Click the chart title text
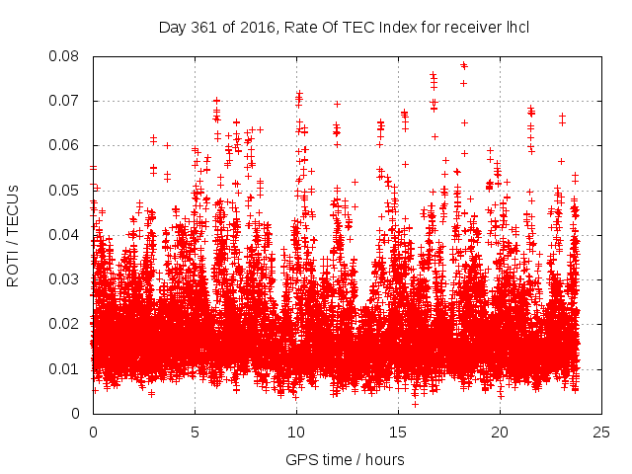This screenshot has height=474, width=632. coord(344,27)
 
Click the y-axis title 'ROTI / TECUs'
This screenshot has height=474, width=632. coord(14,234)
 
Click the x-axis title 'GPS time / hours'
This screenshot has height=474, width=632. coord(344,459)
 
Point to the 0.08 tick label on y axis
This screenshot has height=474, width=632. coord(66,56)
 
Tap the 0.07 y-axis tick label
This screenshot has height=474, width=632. coord(66,101)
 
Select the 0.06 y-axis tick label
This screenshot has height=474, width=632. coord(66,145)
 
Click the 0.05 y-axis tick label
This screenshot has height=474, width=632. coord(66,190)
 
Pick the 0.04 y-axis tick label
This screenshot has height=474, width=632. coord(66,235)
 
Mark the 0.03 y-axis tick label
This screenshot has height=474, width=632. coord(66,279)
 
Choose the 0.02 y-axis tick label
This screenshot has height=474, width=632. coord(66,324)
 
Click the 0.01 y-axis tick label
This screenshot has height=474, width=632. coord(66,368)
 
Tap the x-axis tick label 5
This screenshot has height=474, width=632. coord(195,432)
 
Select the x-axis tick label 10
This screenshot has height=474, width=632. coord(296,432)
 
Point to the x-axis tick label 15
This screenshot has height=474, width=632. coord(398,432)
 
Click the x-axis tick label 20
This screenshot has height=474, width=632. coord(500,432)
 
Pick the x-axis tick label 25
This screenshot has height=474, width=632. coord(601,432)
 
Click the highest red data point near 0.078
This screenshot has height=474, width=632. coord(463,65)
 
